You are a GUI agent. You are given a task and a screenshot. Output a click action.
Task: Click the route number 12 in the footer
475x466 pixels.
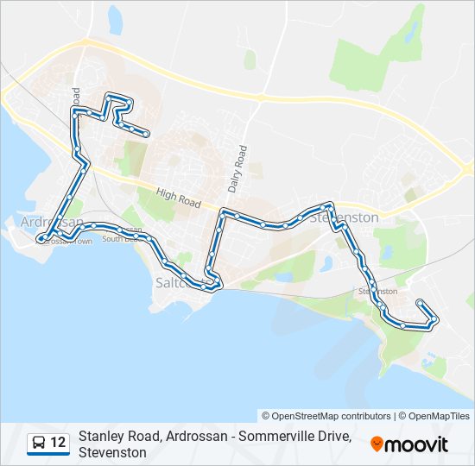click(x=58, y=444)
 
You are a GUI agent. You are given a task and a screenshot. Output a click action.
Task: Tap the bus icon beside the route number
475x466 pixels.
click(x=39, y=444)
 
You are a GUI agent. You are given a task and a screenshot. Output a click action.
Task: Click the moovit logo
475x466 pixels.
click(x=409, y=444)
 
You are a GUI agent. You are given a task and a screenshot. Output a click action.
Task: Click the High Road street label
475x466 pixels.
click(x=179, y=199)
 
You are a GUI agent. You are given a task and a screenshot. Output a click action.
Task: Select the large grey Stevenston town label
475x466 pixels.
click(x=345, y=217)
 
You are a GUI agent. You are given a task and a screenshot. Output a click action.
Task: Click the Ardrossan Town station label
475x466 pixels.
click(x=65, y=242)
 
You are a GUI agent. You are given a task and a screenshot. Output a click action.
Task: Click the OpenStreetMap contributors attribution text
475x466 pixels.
click(x=326, y=416)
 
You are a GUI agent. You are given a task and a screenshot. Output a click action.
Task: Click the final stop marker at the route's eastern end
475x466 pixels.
click(x=419, y=303)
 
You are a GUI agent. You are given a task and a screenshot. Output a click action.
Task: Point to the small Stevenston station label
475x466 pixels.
click(x=377, y=292)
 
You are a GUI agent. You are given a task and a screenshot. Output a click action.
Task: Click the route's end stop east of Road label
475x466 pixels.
click(x=148, y=134)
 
